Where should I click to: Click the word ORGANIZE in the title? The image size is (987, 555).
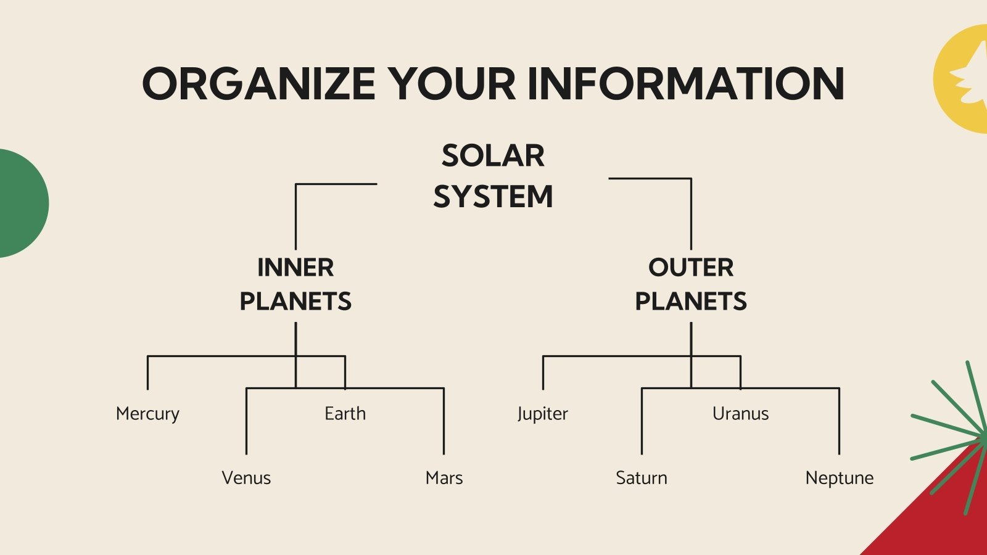(258, 84)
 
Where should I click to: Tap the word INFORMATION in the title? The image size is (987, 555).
(685, 84)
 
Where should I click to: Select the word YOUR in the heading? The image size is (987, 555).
(452, 84)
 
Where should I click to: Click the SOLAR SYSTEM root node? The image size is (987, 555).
(493, 176)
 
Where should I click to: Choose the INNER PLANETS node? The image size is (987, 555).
(295, 284)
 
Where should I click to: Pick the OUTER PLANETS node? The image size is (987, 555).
(691, 284)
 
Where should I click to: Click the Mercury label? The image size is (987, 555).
(147, 414)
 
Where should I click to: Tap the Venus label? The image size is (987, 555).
(246, 478)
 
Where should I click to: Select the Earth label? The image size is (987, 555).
(345, 414)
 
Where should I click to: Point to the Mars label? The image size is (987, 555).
(444, 478)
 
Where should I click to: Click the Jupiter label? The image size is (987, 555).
(543, 414)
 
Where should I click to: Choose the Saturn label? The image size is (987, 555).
(642, 478)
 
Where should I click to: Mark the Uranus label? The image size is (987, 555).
(740, 414)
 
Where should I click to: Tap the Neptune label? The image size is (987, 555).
(840, 478)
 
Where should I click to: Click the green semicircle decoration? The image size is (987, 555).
(22, 203)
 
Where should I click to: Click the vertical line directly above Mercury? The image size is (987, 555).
(147, 372)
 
